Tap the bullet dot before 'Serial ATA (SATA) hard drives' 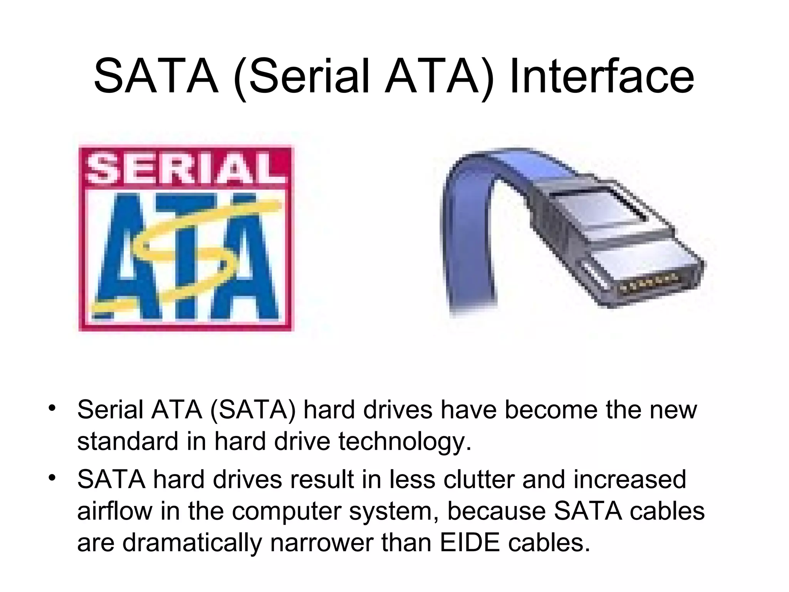[52, 408]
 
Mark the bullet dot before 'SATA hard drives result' [52, 478]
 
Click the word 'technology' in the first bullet [405, 441]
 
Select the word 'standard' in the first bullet [128, 441]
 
